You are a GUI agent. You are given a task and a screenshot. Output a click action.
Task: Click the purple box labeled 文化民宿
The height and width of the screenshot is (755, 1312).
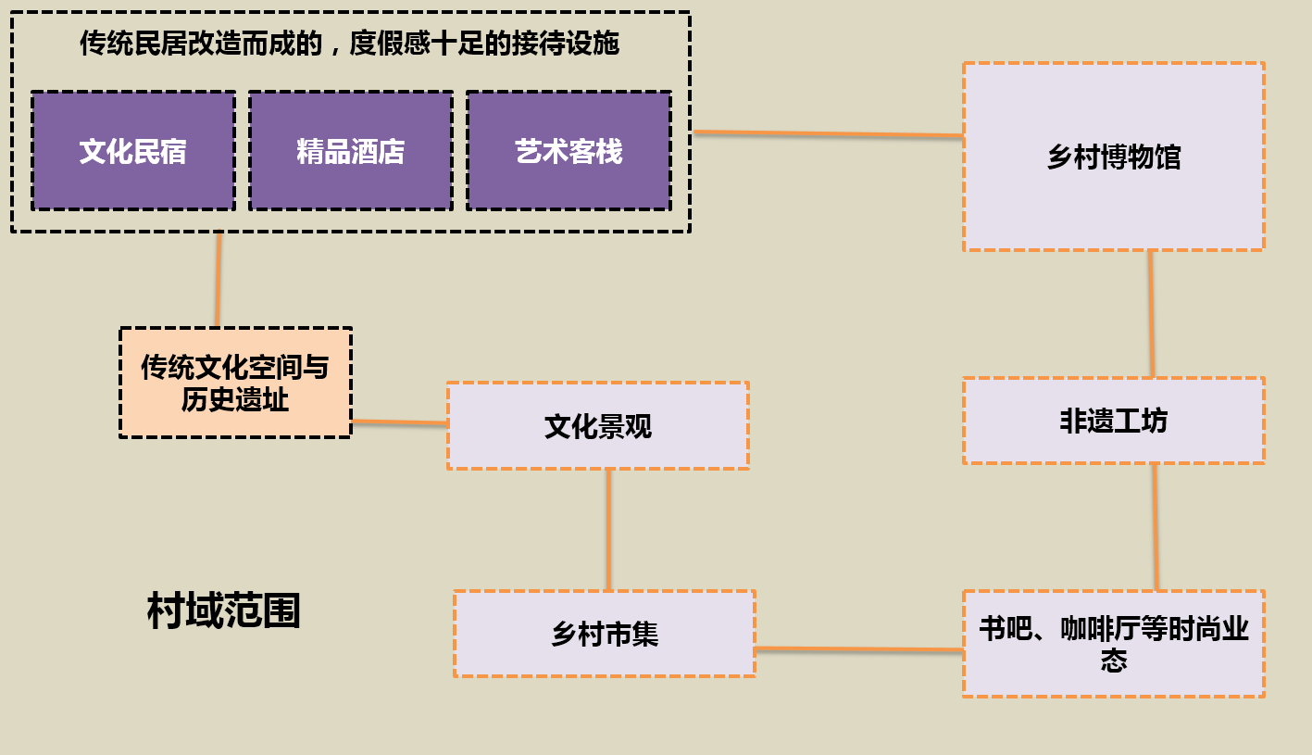click(x=133, y=151)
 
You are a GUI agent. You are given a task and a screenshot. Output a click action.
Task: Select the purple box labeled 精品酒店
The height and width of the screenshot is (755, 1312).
click(x=351, y=151)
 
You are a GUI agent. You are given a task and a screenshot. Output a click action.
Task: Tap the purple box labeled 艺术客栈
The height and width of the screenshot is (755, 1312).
click(x=569, y=151)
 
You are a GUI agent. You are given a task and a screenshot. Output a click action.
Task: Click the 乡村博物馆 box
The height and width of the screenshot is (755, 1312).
click(x=1113, y=157)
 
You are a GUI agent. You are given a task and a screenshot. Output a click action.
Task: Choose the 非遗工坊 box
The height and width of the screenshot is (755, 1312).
click(x=1113, y=421)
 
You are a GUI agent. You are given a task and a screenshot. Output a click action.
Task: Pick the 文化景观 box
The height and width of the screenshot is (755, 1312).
click(x=597, y=426)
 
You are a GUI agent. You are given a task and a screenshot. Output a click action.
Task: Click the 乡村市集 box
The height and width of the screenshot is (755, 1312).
click(x=605, y=634)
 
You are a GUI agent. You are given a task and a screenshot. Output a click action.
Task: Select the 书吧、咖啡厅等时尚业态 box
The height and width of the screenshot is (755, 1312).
click(x=1113, y=644)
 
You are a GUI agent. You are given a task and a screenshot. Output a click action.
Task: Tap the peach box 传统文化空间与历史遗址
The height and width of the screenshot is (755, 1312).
click(x=235, y=383)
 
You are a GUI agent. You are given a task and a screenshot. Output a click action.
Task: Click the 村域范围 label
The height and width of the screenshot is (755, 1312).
click(x=223, y=611)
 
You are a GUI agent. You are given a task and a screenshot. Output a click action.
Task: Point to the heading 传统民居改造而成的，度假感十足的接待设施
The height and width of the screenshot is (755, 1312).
click(x=349, y=43)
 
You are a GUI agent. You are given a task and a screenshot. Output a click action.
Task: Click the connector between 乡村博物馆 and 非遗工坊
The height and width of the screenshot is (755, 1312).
click(x=1152, y=314)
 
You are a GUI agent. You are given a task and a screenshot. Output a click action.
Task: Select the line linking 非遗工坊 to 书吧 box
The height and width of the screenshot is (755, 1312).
click(x=1156, y=526)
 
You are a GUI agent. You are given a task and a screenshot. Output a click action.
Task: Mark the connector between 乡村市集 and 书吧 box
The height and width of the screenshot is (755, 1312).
click(x=859, y=649)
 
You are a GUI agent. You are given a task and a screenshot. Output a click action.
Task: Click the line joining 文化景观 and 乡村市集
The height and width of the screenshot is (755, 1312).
click(x=608, y=529)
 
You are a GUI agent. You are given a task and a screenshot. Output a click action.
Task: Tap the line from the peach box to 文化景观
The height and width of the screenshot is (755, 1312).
click(x=400, y=422)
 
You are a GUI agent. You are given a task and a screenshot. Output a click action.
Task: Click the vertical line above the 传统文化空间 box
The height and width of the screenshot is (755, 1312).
click(x=219, y=279)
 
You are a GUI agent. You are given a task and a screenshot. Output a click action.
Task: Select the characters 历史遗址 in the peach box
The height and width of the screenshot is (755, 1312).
click(x=235, y=400)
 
